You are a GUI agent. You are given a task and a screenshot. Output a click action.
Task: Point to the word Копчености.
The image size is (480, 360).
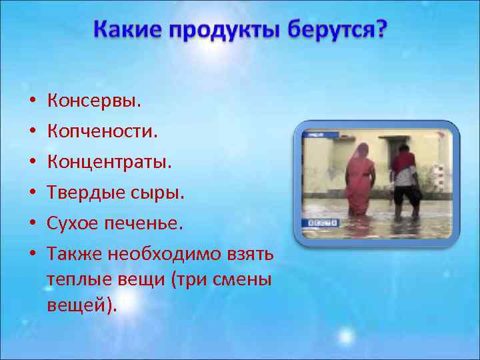[x=102, y=131]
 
